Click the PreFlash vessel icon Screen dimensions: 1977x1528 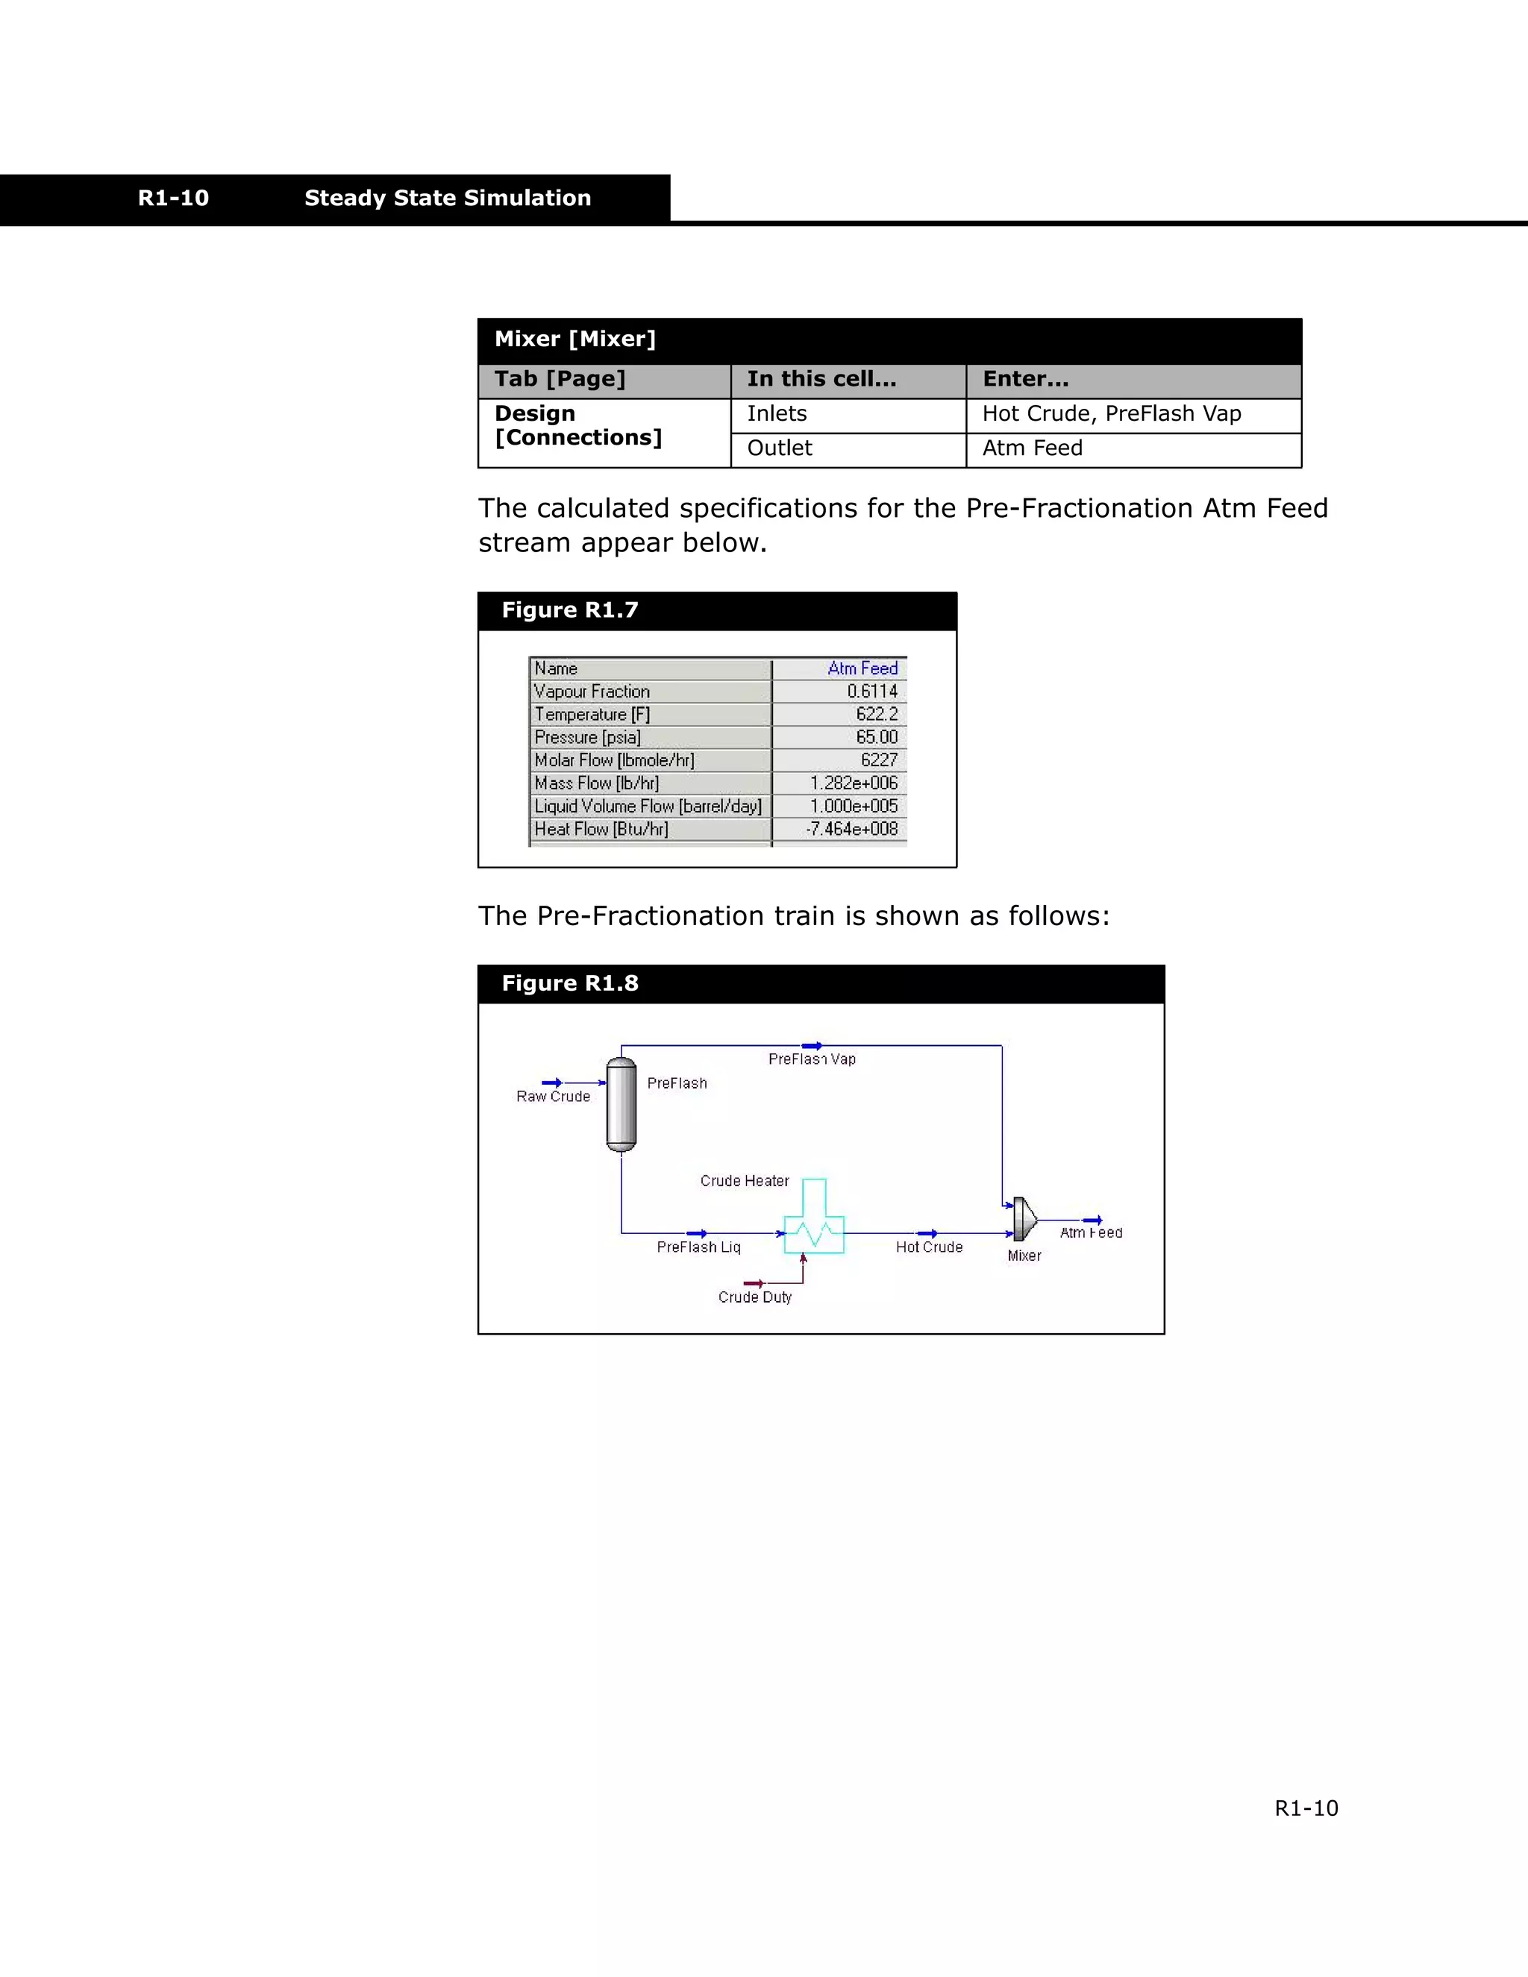point(621,1104)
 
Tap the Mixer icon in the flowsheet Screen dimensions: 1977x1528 point(1024,1218)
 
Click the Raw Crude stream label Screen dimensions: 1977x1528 point(553,1096)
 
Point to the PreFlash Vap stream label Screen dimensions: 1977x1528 point(812,1059)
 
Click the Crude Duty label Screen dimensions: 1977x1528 point(755,1297)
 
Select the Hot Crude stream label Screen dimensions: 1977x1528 point(929,1247)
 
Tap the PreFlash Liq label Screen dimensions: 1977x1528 point(698,1247)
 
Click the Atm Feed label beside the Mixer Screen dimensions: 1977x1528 point(1091,1233)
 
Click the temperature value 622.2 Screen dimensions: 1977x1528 point(876,714)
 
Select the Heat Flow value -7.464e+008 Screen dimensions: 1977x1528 point(852,829)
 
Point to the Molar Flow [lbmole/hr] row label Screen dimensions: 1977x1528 point(614,760)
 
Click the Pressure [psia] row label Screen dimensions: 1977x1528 point(586,738)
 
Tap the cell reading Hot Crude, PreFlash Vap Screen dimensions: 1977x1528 point(1111,414)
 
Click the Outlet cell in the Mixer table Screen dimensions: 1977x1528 point(780,448)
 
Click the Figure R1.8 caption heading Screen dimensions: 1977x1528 point(569,983)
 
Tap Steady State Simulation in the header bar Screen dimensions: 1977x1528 point(447,198)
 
